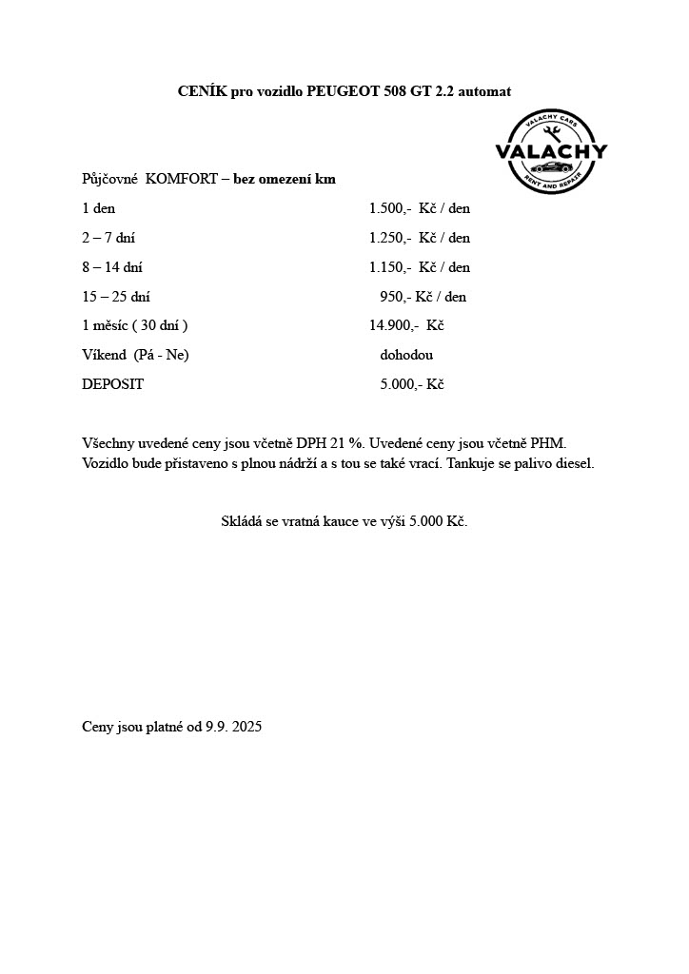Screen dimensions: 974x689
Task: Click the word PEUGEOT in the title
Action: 343,91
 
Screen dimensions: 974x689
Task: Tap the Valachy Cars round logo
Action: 551,151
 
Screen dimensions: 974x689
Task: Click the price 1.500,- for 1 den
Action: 389,208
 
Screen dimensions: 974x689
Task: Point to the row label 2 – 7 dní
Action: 108,238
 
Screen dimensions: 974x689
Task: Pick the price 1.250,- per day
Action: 389,238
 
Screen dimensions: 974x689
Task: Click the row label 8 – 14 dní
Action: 112,267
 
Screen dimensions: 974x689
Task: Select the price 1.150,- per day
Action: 389,267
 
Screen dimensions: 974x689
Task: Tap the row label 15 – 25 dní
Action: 116,297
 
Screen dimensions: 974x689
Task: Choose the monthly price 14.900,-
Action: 393,325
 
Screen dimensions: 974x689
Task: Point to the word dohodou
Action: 406,355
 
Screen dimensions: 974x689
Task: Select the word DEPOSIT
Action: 113,384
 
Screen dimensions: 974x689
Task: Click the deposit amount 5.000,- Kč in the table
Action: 412,384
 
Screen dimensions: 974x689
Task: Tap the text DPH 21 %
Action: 330,444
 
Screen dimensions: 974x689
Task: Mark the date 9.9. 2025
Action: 233,727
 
